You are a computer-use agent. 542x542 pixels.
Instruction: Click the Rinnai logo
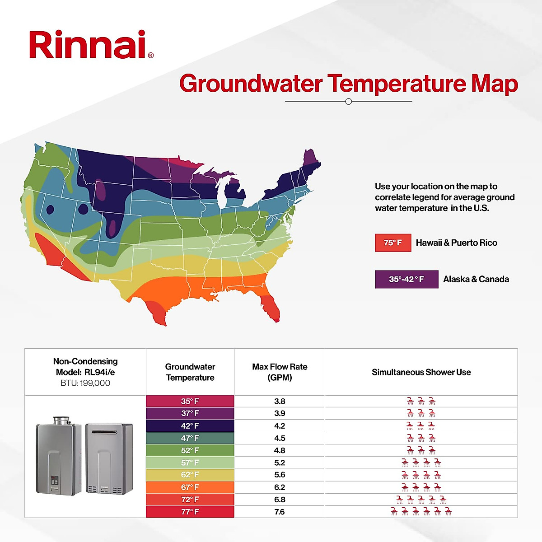coord(90,45)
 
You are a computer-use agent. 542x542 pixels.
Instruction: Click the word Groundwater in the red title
coord(251,84)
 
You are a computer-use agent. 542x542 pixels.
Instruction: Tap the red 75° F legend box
coord(393,243)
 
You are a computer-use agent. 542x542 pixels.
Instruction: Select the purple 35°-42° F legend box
coord(406,279)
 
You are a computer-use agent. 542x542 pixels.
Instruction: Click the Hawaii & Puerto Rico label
coord(456,243)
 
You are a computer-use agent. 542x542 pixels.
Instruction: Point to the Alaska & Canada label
coord(476,279)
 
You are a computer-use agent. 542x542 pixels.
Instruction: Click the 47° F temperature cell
coord(190,438)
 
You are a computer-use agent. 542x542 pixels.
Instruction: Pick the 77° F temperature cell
coord(190,512)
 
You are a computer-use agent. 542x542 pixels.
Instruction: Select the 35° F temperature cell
coord(190,401)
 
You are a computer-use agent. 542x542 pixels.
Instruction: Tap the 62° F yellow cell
coord(190,475)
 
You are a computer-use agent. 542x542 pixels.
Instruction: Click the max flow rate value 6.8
coord(280,500)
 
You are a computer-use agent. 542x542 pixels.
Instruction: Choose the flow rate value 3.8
coord(280,401)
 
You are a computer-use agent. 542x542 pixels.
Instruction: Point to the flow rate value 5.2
coord(280,463)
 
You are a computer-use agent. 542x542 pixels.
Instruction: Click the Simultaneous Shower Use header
coord(421,372)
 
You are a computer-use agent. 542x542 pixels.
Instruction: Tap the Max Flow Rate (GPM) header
coord(280,372)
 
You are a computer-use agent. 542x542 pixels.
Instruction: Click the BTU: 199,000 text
coord(85,383)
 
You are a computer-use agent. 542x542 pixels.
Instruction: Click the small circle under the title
coord(348,102)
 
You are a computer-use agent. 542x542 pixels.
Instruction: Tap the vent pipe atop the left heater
coord(62,421)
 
